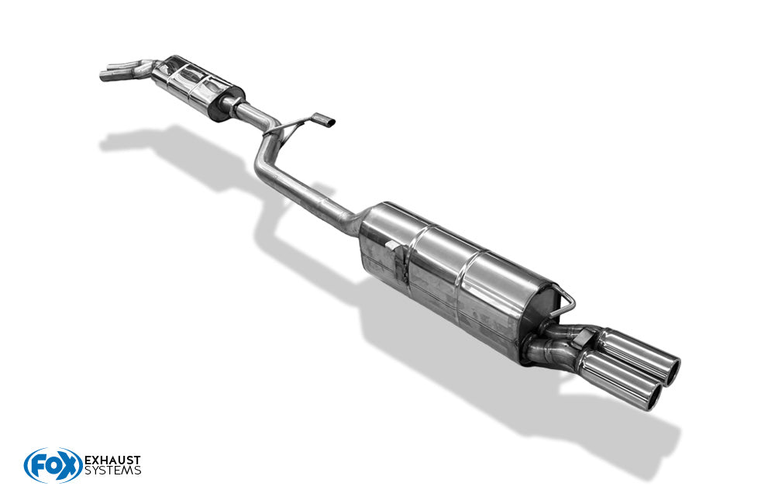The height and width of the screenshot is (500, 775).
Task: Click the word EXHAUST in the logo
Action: point(112,460)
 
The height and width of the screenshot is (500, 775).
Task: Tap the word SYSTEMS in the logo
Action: point(112,471)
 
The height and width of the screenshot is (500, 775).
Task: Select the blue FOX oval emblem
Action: point(53,465)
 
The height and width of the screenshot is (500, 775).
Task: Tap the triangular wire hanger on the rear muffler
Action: point(564,300)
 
